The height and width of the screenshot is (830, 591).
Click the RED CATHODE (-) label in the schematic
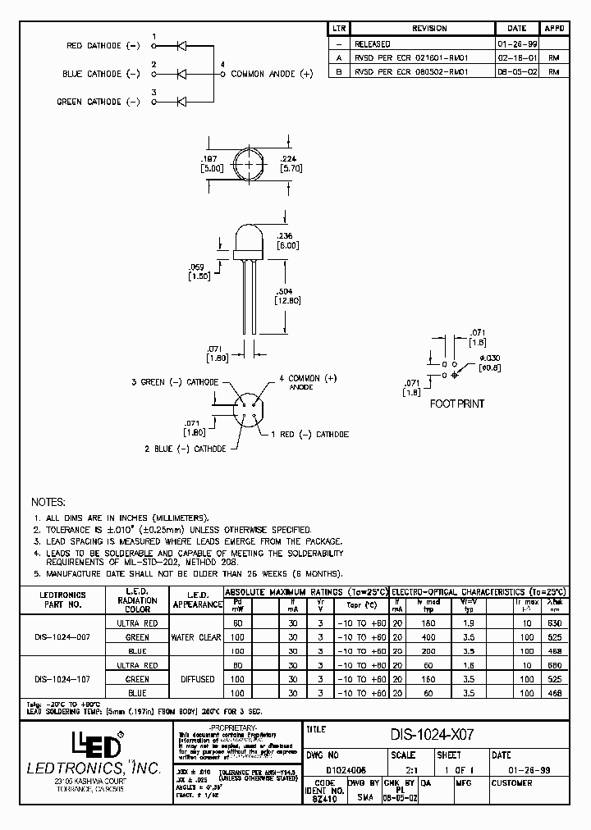point(103,46)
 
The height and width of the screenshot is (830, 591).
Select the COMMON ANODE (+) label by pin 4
point(272,74)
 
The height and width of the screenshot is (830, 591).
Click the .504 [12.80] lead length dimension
point(288,295)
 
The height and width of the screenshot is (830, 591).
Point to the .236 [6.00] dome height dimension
point(288,239)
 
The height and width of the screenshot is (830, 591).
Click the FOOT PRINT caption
point(457,404)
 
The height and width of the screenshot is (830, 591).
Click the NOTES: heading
point(48,502)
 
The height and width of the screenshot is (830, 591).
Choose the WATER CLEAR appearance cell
point(196,637)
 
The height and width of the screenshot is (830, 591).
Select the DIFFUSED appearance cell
point(196,679)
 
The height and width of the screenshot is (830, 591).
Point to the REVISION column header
point(428,29)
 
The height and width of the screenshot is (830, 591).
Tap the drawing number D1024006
point(346,769)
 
